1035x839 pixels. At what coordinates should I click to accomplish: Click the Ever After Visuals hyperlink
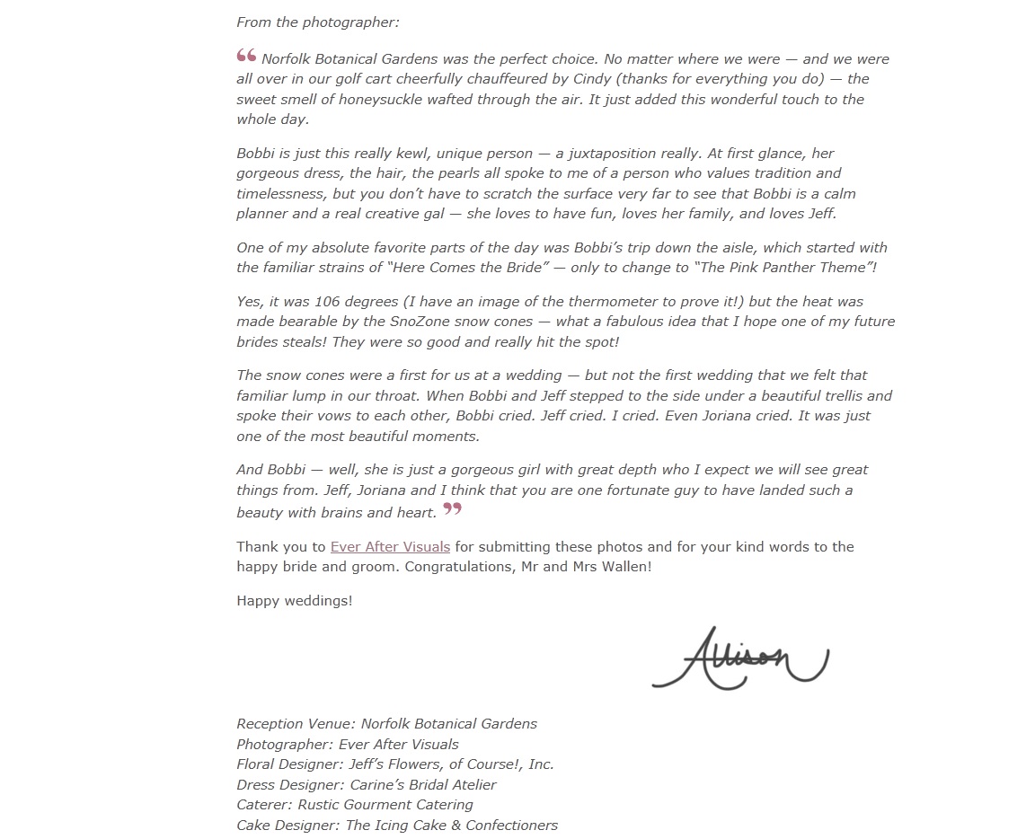390,546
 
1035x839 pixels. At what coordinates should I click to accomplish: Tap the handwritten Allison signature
739,658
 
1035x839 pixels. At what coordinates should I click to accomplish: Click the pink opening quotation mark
246,57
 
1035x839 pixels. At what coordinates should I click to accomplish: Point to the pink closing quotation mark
453,510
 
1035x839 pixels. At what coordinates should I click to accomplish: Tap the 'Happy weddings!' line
295,600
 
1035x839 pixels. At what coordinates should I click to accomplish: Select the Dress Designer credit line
367,784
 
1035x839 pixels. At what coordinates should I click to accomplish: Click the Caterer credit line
355,805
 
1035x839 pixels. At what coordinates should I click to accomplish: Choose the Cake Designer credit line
397,825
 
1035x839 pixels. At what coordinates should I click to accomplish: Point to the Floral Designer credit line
395,764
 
